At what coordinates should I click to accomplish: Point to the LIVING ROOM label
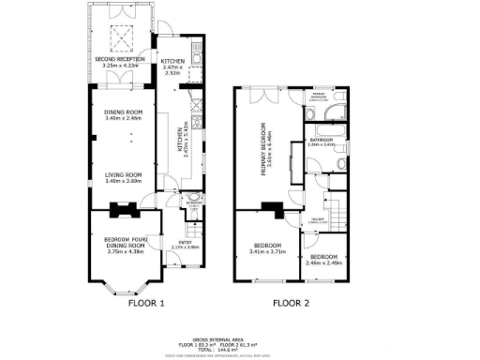[x=122, y=174]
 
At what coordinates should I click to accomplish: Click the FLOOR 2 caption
[x=291, y=303]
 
